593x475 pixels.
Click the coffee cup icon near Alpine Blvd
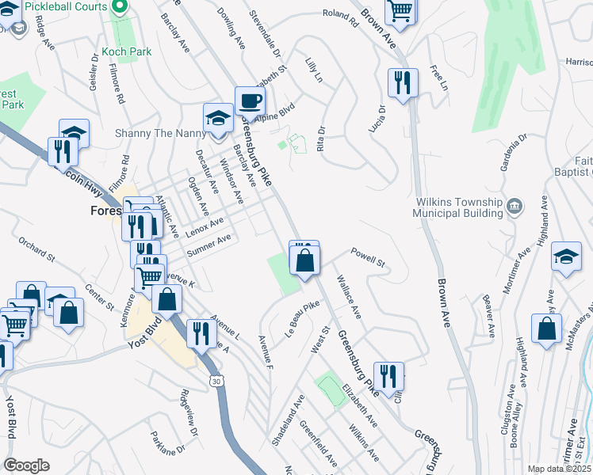251,101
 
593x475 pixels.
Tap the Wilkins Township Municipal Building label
459,207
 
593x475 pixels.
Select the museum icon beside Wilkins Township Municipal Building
515,207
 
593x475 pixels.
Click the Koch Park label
127,52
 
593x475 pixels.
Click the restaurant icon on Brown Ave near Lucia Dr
403,82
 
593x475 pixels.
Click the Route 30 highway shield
218,382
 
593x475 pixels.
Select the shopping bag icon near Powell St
304,258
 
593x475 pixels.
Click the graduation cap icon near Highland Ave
567,256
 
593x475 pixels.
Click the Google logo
26,465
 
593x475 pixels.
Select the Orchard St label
36,249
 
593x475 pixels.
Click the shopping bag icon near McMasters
546,328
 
